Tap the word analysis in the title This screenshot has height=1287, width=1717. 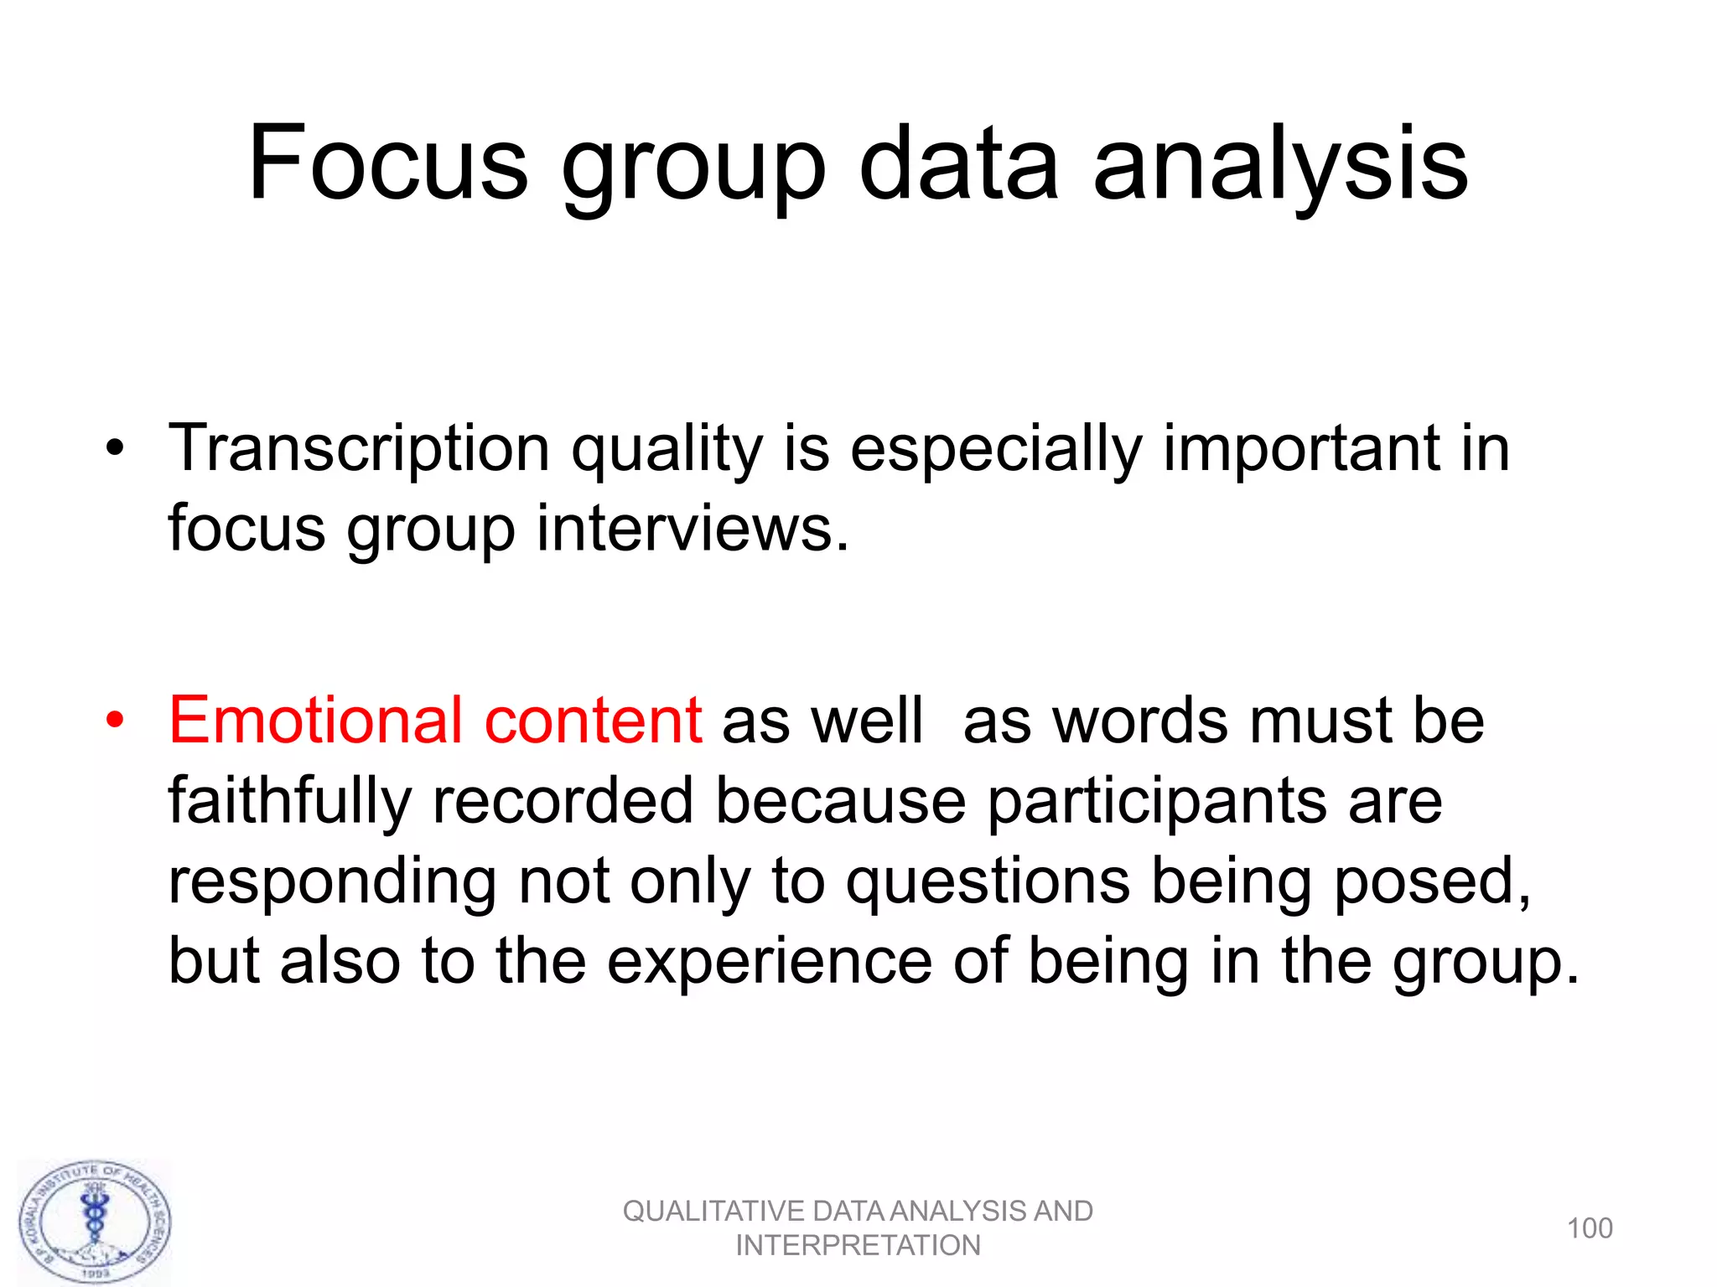click(1280, 165)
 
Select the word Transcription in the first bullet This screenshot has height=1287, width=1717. click(359, 450)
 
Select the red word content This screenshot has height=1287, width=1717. click(593, 721)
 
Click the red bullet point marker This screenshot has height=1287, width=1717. click(115, 721)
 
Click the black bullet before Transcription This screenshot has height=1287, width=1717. click(115, 449)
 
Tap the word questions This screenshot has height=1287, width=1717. click(987, 883)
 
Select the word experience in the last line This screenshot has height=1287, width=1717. click(769, 962)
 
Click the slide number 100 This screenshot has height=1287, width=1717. click(1590, 1228)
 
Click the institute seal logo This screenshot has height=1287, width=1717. click(96, 1222)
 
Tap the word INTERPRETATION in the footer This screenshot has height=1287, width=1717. click(858, 1246)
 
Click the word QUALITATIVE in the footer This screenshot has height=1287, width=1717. click(713, 1212)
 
